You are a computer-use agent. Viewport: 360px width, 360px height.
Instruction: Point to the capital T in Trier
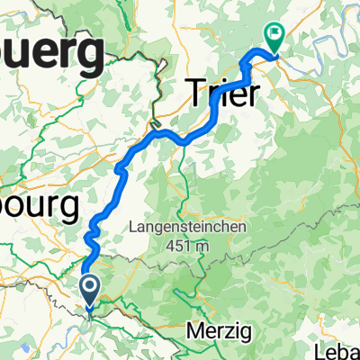195,91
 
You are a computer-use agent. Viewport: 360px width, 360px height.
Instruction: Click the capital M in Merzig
193,331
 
